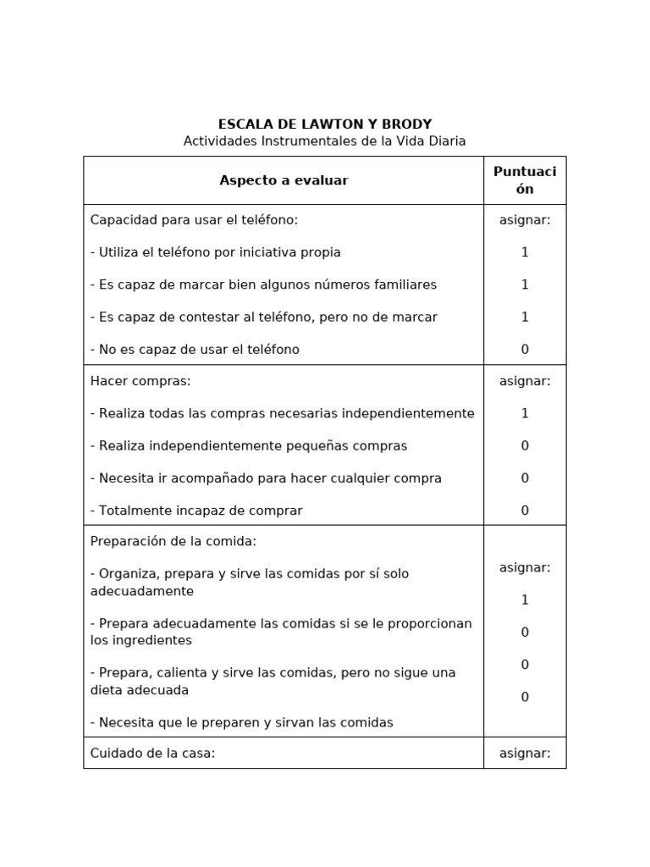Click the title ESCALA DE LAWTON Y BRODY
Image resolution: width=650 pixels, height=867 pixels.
325,124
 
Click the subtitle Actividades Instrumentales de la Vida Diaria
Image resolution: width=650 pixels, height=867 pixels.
325,141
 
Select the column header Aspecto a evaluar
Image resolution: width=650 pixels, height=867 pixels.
284,180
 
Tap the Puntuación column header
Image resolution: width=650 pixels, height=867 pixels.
525,180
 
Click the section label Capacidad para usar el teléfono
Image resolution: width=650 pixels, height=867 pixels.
194,220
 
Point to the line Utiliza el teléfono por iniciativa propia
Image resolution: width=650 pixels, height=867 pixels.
216,252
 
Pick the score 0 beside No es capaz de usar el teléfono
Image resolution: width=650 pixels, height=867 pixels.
525,350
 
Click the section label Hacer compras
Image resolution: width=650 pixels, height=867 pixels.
140,381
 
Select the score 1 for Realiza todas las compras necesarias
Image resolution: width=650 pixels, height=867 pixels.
525,413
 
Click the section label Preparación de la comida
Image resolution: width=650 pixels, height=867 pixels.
173,541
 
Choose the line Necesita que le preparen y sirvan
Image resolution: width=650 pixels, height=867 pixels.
242,723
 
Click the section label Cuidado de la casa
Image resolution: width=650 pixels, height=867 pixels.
152,753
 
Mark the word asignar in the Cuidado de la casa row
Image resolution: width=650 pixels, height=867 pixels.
525,753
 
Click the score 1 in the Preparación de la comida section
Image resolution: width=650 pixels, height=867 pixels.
525,600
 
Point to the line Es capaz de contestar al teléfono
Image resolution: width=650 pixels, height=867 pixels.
264,318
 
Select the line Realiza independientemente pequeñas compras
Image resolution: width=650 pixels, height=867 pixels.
249,446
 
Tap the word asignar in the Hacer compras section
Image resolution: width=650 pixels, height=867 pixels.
525,381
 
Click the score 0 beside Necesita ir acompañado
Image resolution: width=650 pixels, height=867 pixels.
525,478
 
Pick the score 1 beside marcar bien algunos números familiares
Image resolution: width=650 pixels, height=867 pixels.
525,284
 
